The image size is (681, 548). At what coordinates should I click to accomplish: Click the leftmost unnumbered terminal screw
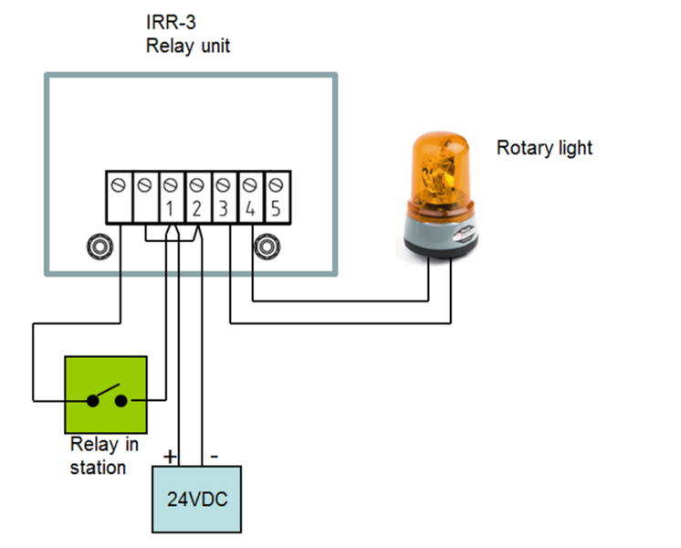(x=119, y=184)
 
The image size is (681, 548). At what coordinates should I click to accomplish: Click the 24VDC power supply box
(x=196, y=499)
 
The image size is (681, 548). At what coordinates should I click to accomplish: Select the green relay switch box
(x=106, y=394)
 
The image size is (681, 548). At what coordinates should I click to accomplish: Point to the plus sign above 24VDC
(x=169, y=454)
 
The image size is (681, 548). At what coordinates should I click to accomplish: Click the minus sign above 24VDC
(x=212, y=454)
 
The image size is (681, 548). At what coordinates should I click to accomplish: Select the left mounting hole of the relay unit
(x=98, y=247)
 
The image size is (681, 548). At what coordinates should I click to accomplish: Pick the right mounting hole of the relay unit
(x=267, y=247)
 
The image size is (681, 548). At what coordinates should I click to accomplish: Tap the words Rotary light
(x=544, y=147)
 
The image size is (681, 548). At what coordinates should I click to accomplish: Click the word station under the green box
(x=98, y=469)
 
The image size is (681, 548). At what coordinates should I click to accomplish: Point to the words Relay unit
(x=188, y=46)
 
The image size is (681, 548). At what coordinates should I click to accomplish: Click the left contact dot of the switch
(x=92, y=400)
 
